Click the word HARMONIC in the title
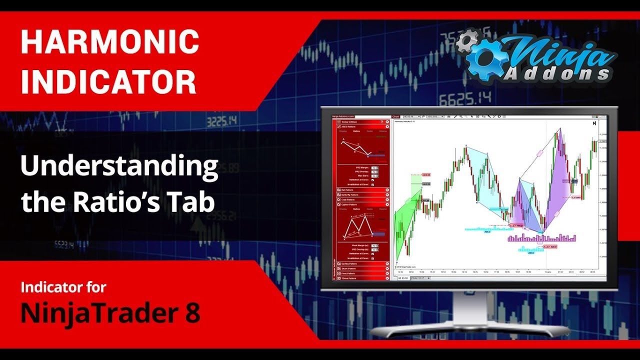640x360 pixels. tap(109, 42)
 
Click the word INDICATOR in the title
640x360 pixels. tap(108, 83)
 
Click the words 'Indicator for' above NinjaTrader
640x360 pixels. tap(63, 287)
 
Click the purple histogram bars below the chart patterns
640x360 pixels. tap(542, 238)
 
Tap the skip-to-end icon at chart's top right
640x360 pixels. tap(594, 123)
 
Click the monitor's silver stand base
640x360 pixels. tap(470, 330)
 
